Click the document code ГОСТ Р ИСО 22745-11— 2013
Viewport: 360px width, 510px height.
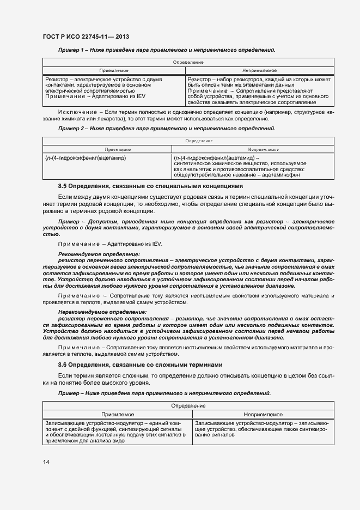click(86, 37)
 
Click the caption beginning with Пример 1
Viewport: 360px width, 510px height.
click(167, 50)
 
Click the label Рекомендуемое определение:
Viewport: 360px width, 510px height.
click(99, 254)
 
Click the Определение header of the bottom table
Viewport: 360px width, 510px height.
click(188, 405)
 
